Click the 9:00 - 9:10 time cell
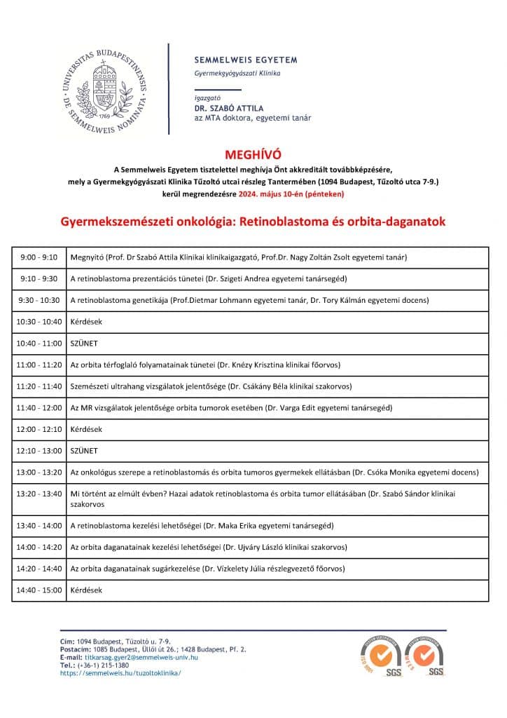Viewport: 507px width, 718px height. [x=39, y=257]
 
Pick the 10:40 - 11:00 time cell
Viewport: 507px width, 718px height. [x=39, y=344]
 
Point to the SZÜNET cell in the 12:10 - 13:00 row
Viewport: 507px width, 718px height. [x=84, y=451]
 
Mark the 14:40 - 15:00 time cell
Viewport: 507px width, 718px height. [x=39, y=590]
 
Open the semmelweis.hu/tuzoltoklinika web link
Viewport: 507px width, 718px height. [x=120, y=673]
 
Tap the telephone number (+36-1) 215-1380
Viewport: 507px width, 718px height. [x=103, y=665]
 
